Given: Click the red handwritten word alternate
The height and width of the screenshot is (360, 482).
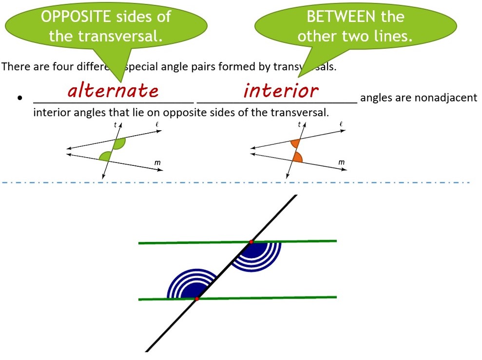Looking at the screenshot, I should coord(113,91).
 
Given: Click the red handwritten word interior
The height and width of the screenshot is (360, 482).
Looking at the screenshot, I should coord(281,91).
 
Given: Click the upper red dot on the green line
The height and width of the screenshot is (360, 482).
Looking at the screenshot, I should coord(251,241).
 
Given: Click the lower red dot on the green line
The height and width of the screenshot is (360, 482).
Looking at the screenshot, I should coord(196,299).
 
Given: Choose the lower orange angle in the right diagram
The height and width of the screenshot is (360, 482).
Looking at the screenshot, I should coord(297,157).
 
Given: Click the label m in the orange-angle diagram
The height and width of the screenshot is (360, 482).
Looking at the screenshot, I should coord(341,162).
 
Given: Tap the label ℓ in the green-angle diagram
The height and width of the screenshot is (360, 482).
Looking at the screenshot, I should coord(157,125).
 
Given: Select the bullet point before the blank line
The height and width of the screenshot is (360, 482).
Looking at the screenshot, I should coord(20,98).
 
